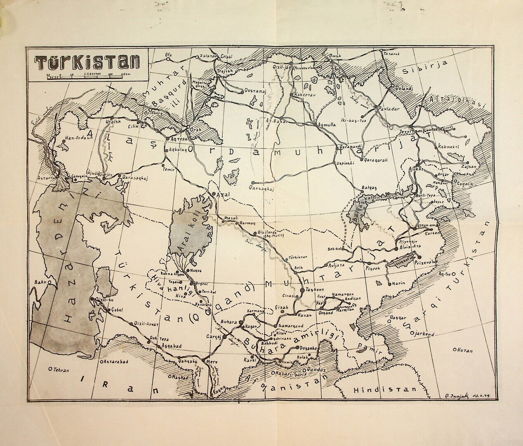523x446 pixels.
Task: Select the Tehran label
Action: pyautogui.click(x=61, y=370)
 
